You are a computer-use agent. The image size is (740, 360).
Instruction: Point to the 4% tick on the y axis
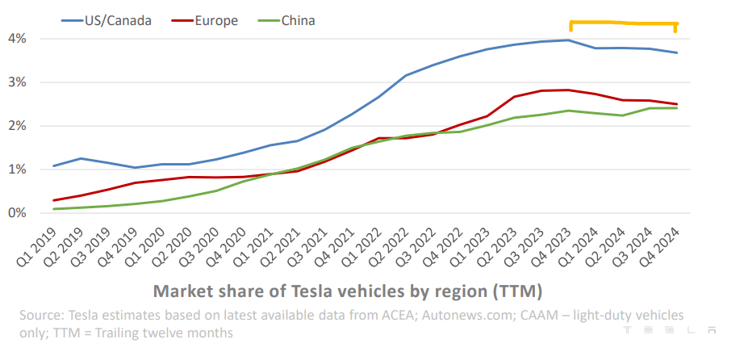click(x=17, y=39)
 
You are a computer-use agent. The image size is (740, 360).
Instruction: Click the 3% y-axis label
click(x=17, y=82)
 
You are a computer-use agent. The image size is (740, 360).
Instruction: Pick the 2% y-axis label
click(x=17, y=126)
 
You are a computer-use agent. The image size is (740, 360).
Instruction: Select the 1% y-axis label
click(x=17, y=170)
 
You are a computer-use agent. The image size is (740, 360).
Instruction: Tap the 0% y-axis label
click(x=17, y=213)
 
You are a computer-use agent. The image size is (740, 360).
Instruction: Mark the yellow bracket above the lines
click(x=622, y=23)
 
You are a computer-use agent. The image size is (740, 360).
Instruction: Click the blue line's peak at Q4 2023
click(x=569, y=40)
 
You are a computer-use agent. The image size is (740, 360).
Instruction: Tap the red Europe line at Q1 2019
click(x=55, y=200)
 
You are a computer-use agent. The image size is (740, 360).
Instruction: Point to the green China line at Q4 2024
click(x=676, y=108)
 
